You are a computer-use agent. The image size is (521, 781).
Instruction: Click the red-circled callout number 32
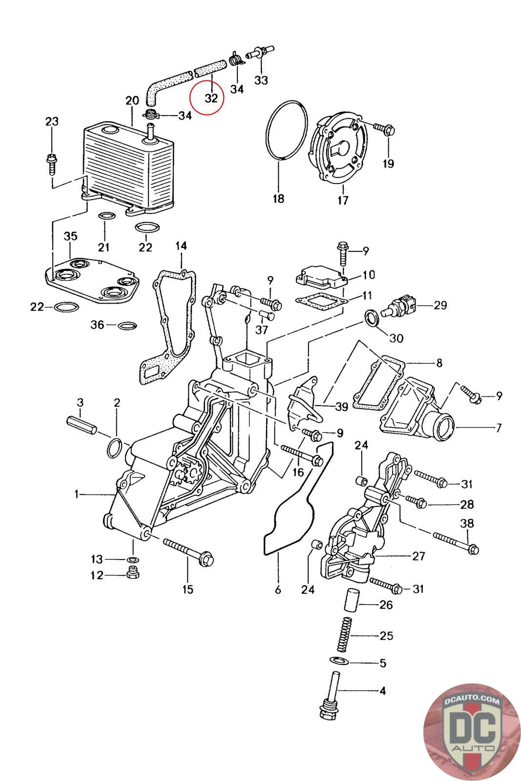[211, 98]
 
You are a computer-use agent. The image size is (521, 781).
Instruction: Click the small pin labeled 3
[82, 425]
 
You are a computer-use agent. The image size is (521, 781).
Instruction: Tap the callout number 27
[418, 556]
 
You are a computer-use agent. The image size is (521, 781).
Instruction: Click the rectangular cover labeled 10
[321, 277]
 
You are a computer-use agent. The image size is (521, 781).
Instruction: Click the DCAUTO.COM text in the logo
[471, 701]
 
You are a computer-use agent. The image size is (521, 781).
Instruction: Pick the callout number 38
[467, 523]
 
